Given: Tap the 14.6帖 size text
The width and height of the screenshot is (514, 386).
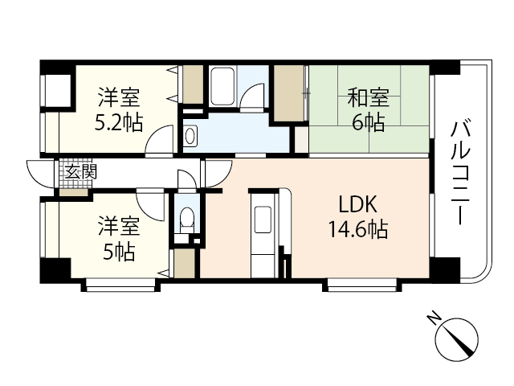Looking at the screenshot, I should [x=357, y=231].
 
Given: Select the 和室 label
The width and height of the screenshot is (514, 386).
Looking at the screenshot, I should [x=369, y=99].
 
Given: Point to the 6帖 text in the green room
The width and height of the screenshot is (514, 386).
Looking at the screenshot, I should [x=369, y=122].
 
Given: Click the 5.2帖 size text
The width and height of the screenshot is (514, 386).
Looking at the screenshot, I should [x=119, y=122].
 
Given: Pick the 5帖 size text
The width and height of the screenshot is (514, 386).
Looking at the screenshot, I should [x=118, y=251].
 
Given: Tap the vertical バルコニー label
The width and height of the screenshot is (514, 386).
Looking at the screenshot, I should [x=459, y=171].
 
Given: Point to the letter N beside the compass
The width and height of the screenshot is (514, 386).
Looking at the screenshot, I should [x=433, y=318].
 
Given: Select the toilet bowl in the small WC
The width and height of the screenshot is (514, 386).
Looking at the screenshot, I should [x=186, y=219].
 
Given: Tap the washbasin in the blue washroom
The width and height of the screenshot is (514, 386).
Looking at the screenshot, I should [x=190, y=137].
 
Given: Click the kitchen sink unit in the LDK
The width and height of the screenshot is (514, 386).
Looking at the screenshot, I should [x=263, y=220].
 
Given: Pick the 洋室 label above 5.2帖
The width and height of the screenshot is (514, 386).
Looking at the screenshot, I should [x=119, y=99].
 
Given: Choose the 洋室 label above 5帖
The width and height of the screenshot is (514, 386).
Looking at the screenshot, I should [x=118, y=226].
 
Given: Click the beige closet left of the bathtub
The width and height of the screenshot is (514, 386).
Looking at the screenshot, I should [x=193, y=84].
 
